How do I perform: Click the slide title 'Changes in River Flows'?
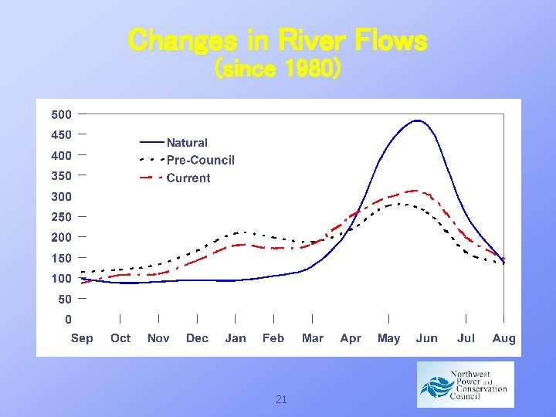(x=277, y=40)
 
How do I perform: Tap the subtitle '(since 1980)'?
(x=277, y=69)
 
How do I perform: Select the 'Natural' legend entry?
(x=187, y=143)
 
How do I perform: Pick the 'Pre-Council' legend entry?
(x=200, y=161)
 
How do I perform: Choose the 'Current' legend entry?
(x=188, y=178)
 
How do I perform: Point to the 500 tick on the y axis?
(x=61, y=115)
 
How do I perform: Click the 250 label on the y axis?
(x=61, y=217)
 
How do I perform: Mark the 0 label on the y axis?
(x=68, y=319)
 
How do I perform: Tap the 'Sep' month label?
(x=82, y=338)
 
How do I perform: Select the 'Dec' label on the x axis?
(x=197, y=338)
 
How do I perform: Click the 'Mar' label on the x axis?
(x=313, y=338)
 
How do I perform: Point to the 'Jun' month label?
(x=426, y=338)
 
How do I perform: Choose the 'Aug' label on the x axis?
(x=503, y=338)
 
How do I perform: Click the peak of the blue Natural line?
(x=417, y=120)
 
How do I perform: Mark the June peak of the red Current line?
(x=415, y=190)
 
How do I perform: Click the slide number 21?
(x=281, y=399)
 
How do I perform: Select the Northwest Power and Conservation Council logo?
(x=465, y=385)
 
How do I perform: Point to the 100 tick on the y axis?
(x=61, y=278)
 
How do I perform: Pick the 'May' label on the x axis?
(x=388, y=338)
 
